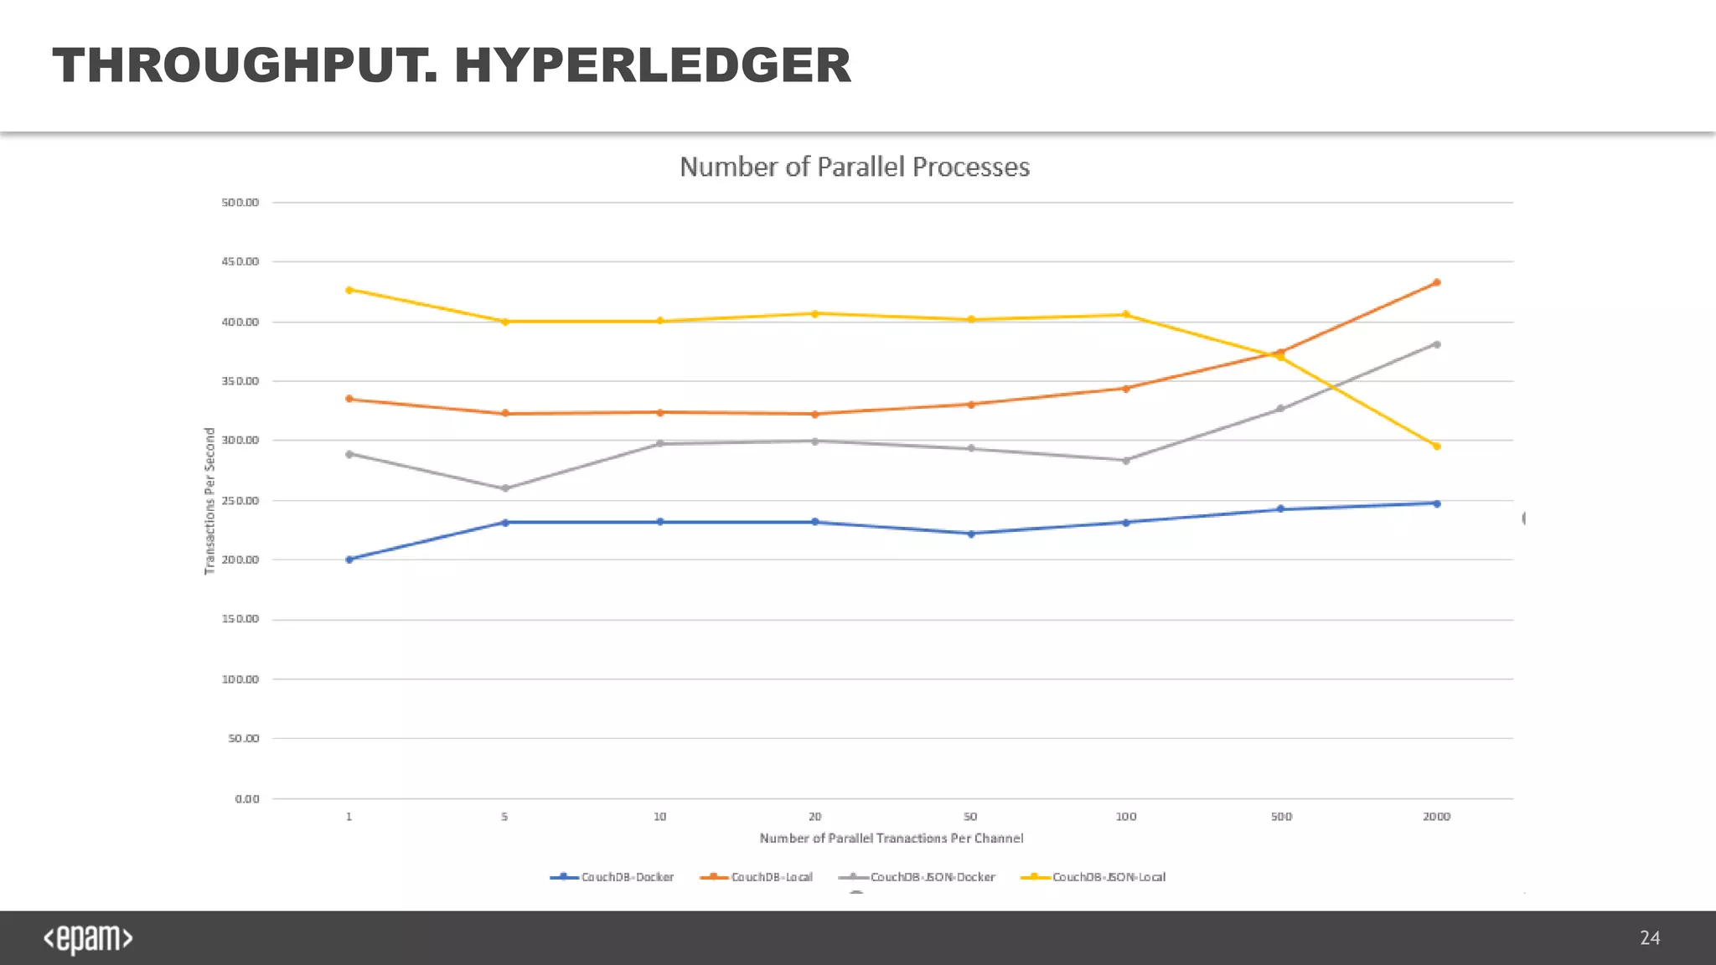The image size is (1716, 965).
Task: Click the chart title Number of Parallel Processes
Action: pyautogui.click(x=854, y=167)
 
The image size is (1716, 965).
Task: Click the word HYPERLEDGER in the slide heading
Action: pyautogui.click(x=652, y=65)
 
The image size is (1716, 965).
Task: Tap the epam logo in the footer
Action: pyautogui.click(x=88, y=938)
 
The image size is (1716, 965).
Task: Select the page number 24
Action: pyautogui.click(x=1649, y=938)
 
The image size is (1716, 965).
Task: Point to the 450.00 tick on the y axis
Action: pyautogui.click(x=240, y=262)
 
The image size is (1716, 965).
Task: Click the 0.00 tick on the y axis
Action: pyautogui.click(x=247, y=799)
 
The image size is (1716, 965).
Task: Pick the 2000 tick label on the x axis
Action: pyautogui.click(x=1436, y=817)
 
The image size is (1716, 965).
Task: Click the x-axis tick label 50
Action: pyautogui.click(x=970, y=817)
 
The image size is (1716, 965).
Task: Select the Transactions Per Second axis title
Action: pyautogui.click(x=210, y=501)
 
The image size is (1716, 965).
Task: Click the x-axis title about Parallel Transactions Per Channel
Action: pyautogui.click(x=891, y=839)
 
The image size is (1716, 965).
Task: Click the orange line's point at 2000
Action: pyautogui.click(x=1436, y=282)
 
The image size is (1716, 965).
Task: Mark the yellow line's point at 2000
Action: pyautogui.click(x=1436, y=446)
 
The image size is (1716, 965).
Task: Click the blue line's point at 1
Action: pyautogui.click(x=349, y=560)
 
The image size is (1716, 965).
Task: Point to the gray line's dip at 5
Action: pyautogui.click(x=504, y=488)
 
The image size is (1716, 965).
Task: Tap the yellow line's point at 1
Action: pyautogui.click(x=349, y=290)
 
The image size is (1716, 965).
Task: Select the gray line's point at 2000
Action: pyautogui.click(x=1436, y=344)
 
